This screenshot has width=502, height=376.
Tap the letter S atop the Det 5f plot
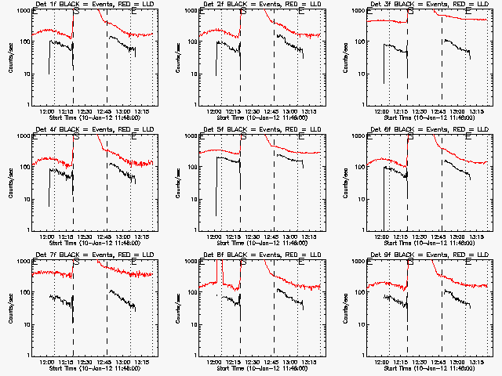[x=243, y=137]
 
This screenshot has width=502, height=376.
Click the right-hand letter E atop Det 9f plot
[x=467, y=262]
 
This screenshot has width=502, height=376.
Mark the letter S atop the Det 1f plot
[x=75, y=12]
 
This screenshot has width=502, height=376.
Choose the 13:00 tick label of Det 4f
[x=123, y=237]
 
